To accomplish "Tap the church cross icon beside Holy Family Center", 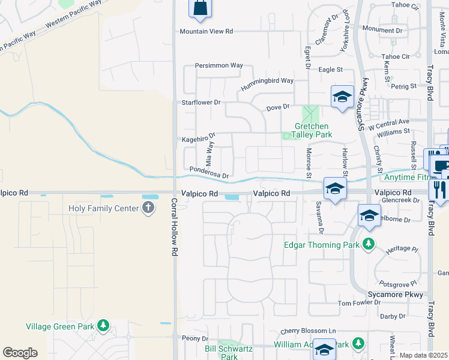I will (x=149, y=208).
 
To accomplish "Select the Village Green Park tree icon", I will (x=104, y=326).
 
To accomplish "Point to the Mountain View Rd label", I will (x=206, y=31).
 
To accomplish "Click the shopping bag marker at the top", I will (x=199, y=8).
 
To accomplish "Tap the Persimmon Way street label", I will (x=219, y=65).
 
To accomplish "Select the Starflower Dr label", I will (x=202, y=103).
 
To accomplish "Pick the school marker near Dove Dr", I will (x=342, y=96).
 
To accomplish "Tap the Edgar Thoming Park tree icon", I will (x=368, y=244).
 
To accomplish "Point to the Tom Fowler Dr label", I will (x=359, y=304).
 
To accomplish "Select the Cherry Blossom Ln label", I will (x=308, y=331).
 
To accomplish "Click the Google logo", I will (x=20, y=353).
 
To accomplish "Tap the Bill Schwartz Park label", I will (x=229, y=352).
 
